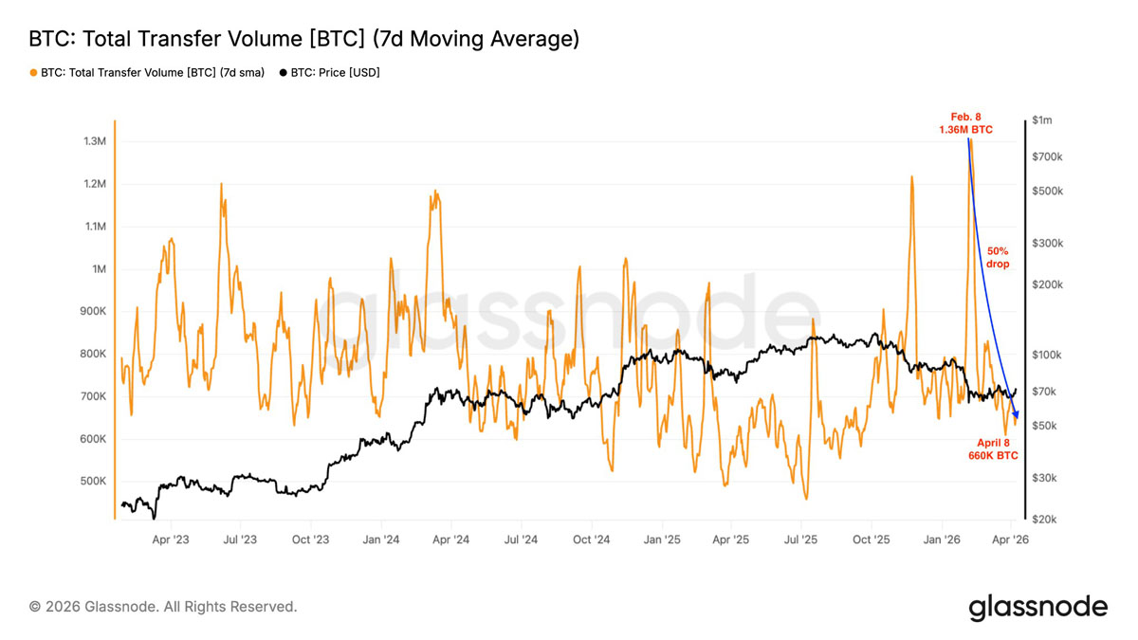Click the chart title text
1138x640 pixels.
(303, 39)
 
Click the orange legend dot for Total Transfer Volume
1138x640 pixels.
(33, 73)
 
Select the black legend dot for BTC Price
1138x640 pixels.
(283, 73)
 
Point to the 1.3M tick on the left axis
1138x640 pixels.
(95, 141)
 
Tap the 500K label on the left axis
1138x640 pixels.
(93, 481)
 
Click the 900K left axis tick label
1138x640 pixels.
(93, 311)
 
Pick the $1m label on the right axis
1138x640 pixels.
(1042, 120)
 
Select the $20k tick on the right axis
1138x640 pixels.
(1044, 520)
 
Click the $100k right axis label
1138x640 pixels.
(1047, 355)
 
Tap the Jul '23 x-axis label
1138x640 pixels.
(240, 539)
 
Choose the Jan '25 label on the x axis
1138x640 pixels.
(662, 539)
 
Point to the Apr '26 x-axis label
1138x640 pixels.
(1010, 539)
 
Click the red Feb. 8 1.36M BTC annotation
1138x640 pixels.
(965, 123)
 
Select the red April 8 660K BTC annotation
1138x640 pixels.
(993, 449)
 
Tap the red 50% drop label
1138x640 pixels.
(998, 258)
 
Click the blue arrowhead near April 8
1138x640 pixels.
(1015, 414)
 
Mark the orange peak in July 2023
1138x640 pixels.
(222, 184)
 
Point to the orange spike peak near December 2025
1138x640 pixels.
(912, 177)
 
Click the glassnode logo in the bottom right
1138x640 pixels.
(1038, 608)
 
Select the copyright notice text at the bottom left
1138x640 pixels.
(163, 607)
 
